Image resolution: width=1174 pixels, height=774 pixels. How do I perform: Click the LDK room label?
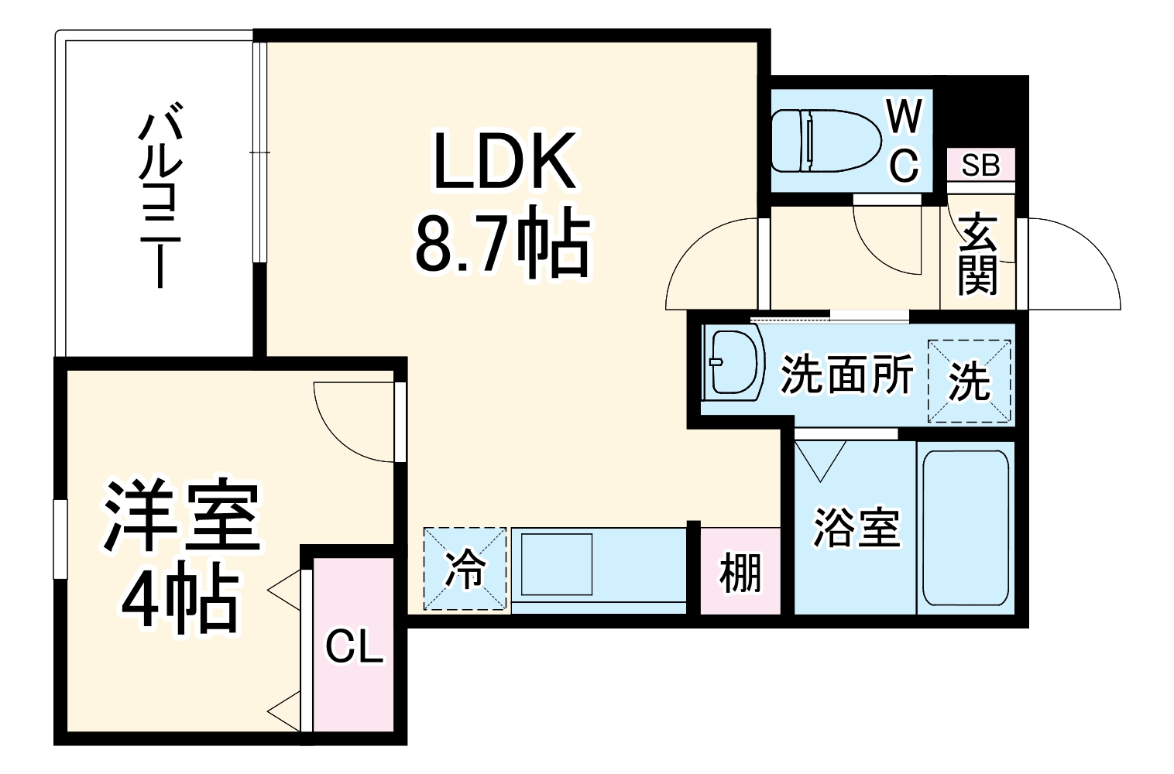click(x=504, y=161)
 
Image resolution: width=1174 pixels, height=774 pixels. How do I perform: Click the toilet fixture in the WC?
click(x=826, y=140)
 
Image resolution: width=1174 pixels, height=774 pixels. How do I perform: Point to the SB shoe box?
click(x=980, y=164)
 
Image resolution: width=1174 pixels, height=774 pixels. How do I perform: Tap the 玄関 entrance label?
click(x=977, y=253)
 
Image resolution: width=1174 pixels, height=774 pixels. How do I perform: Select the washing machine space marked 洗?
click(x=969, y=381)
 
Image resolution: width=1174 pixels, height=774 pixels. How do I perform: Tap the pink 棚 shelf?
click(x=740, y=570)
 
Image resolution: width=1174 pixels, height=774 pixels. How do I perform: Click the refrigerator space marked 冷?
click(x=465, y=569)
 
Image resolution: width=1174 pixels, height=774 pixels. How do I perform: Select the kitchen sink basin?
click(x=556, y=564)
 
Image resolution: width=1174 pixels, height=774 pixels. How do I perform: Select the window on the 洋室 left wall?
click(x=61, y=539)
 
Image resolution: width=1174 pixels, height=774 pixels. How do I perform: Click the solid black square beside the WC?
click(x=980, y=111)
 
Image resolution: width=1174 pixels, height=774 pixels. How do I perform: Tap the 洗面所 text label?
click(x=847, y=373)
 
